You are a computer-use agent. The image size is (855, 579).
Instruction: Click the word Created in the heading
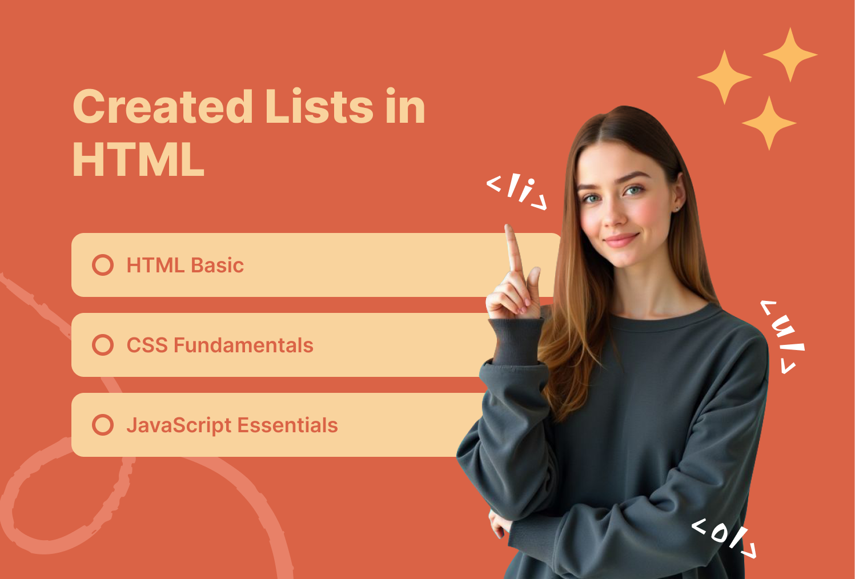click(163, 107)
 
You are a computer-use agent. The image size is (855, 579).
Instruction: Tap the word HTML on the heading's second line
click(138, 160)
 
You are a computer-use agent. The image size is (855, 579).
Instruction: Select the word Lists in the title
click(319, 107)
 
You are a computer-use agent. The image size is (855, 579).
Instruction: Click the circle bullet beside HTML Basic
click(103, 265)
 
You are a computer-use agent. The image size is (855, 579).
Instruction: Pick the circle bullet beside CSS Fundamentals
click(103, 345)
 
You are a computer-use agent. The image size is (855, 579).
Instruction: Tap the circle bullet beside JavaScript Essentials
click(103, 425)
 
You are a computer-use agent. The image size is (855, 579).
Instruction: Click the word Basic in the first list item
click(217, 266)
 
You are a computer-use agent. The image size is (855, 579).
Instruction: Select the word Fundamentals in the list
click(243, 345)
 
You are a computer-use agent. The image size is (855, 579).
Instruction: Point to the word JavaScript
click(179, 426)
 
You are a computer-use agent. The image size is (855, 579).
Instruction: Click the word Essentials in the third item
click(288, 425)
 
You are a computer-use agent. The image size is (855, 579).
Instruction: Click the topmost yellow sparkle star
click(790, 55)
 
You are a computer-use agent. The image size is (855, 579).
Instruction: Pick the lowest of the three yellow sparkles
click(769, 123)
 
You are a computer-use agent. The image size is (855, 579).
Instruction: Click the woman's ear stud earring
click(677, 208)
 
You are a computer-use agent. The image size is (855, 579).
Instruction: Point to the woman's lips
click(620, 240)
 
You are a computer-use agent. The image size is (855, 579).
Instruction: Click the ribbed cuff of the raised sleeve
click(516, 340)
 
